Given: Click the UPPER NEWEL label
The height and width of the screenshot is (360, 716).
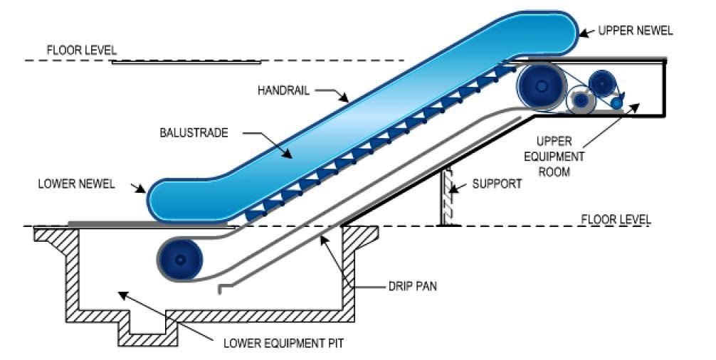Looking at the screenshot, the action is (x=635, y=31).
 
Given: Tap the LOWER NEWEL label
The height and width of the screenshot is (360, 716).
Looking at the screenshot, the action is (x=76, y=184).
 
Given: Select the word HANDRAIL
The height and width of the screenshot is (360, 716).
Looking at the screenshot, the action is (x=283, y=90).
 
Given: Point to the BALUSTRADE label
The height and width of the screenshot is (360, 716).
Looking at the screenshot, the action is (x=194, y=133).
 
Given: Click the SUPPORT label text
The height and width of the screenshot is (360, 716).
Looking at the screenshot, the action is (x=497, y=184).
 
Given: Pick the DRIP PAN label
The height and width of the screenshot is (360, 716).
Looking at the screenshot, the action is (x=413, y=287).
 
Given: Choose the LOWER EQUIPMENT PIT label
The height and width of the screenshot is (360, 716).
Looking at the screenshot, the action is (x=283, y=343).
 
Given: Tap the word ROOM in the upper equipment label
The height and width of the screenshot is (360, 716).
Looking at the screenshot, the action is (x=554, y=172).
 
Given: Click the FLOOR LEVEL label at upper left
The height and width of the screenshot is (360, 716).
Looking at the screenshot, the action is (x=82, y=50).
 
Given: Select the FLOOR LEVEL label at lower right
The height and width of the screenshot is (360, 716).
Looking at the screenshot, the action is (x=616, y=219).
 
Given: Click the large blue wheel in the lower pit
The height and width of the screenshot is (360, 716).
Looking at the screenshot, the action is (x=180, y=259).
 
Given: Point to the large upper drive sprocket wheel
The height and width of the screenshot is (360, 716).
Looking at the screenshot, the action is (x=542, y=86).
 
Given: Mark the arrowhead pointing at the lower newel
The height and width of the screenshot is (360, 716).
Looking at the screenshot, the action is (x=142, y=189).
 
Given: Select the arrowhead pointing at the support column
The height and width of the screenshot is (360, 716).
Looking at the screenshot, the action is (x=453, y=188).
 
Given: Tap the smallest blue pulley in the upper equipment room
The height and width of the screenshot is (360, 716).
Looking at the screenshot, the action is (x=616, y=103).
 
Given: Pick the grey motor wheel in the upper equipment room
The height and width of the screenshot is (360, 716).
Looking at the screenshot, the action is (x=580, y=99).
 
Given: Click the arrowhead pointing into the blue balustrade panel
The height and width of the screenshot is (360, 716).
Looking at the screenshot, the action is (x=288, y=154).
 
